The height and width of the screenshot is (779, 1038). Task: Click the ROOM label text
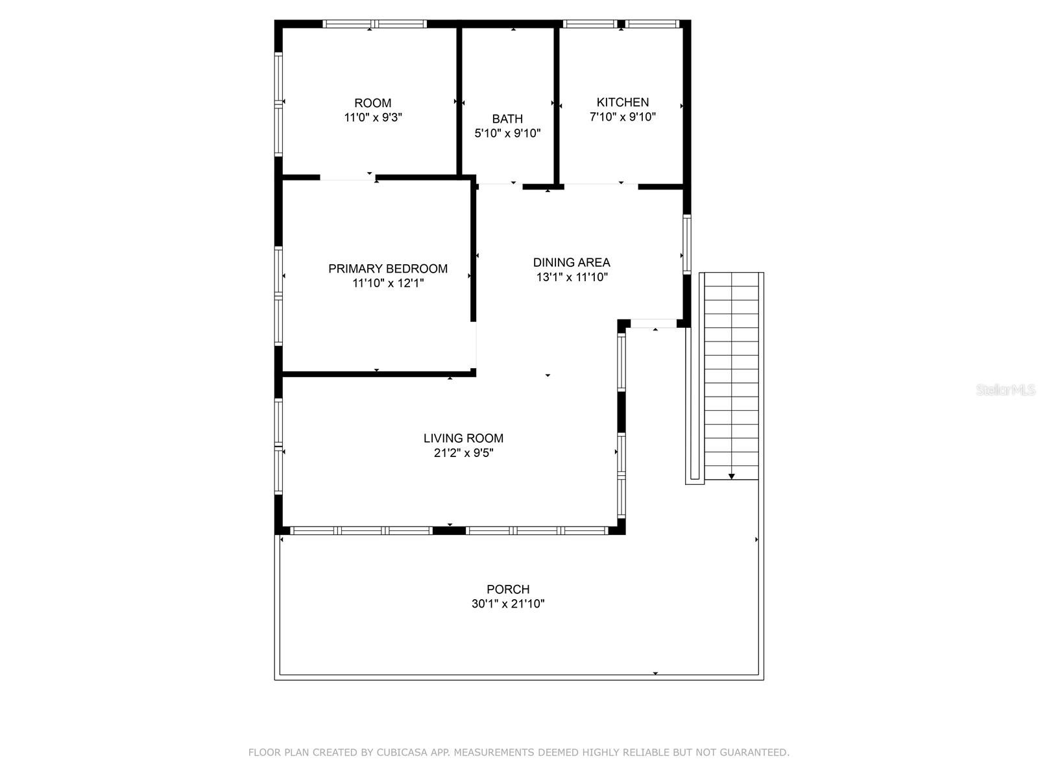click(x=372, y=103)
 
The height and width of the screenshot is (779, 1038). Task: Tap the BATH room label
click(x=507, y=119)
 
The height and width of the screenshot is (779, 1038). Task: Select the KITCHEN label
click(x=623, y=103)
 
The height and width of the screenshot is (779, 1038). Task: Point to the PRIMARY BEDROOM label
click(x=388, y=269)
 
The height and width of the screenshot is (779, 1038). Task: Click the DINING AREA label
click(x=572, y=262)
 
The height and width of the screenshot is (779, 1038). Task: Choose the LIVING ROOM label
click(x=463, y=438)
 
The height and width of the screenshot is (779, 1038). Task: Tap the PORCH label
click(x=508, y=589)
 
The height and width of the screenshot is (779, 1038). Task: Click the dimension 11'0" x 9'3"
click(x=373, y=118)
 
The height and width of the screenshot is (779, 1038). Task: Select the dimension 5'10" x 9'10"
click(x=507, y=134)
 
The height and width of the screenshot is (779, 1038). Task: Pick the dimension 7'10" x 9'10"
click(x=623, y=117)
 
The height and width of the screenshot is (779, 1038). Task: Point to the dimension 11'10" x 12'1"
click(x=388, y=284)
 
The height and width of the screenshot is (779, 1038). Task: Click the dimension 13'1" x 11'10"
click(x=572, y=277)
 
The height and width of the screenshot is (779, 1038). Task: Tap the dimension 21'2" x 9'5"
click(x=463, y=453)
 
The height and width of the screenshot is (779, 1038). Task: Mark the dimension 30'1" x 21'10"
click(x=508, y=604)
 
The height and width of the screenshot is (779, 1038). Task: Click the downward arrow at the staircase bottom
click(x=731, y=476)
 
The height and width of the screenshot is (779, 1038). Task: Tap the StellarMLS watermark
click(x=1006, y=390)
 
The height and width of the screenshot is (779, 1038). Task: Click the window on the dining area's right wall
click(x=686, y=244)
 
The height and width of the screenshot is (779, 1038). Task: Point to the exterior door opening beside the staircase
click(x=653, y=323)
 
